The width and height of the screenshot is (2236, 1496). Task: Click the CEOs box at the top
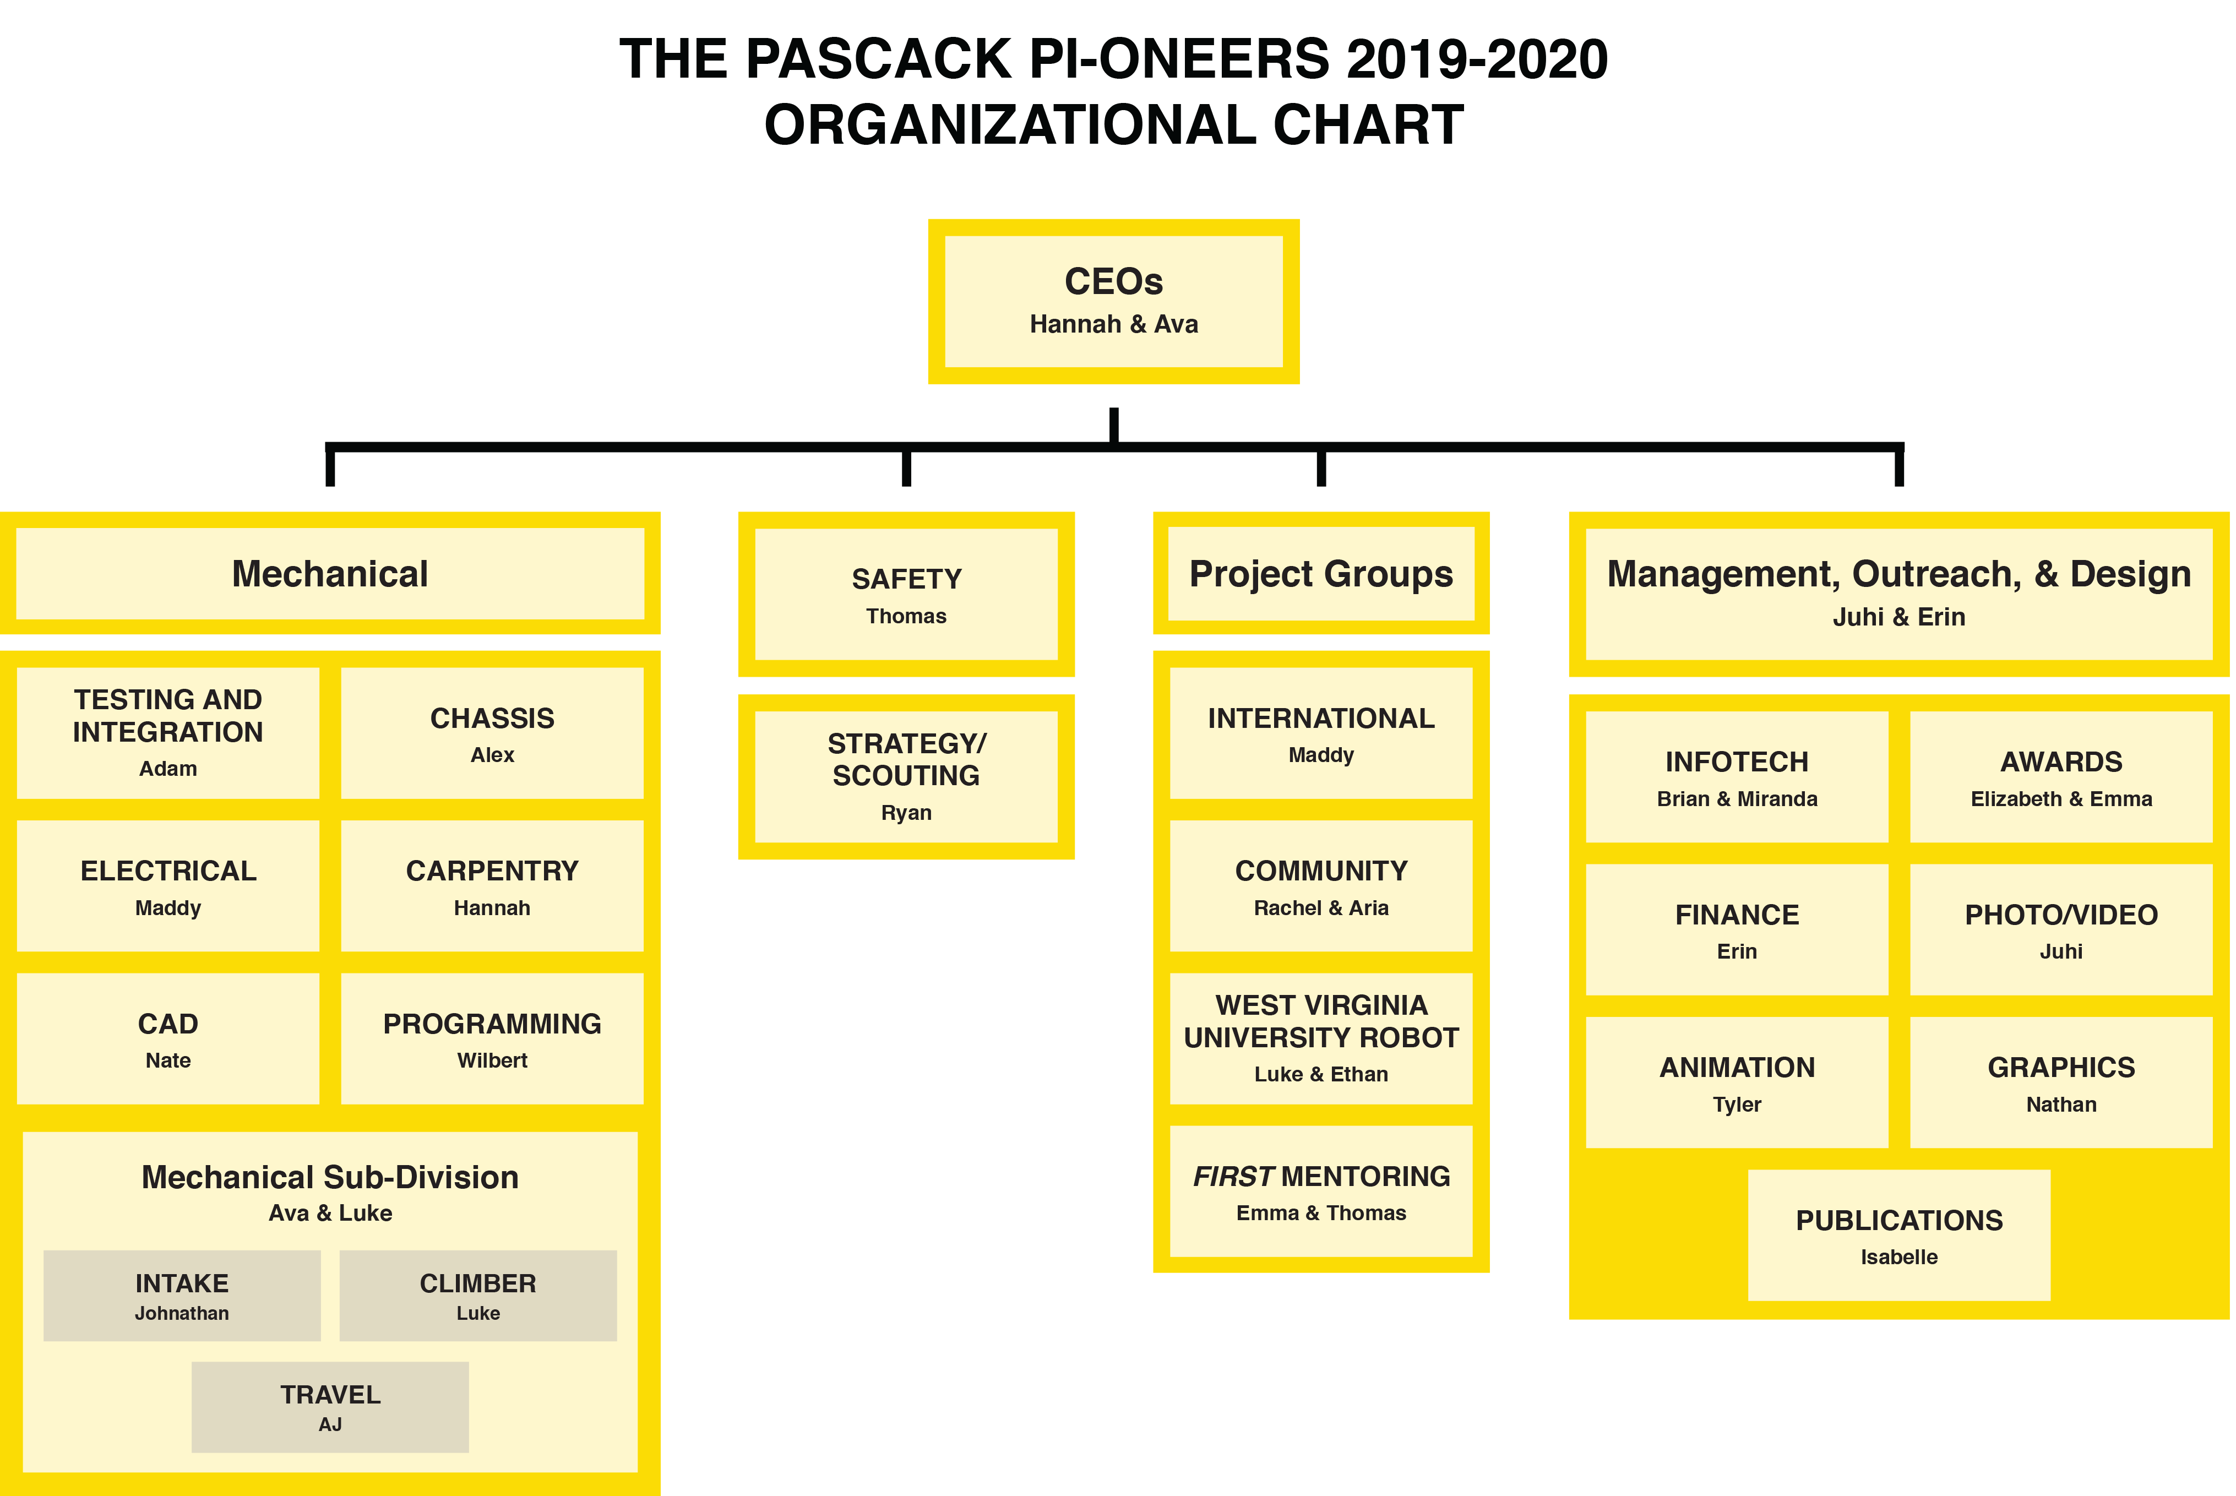1113,302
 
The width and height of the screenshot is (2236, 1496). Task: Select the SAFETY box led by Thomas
906,595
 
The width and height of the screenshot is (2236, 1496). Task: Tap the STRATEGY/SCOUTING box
906,776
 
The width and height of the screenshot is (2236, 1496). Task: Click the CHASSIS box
492,733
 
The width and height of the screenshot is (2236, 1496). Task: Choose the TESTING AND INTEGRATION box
168,733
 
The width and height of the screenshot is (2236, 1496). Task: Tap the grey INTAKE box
182,1296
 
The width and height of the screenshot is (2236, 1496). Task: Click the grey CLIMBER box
478,1296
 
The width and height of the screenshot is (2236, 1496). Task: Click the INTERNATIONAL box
1321,733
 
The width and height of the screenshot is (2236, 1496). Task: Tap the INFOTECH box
1737,776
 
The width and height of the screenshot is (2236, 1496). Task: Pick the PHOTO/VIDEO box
2061,929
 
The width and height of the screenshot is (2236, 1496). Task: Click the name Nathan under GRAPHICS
2061,1105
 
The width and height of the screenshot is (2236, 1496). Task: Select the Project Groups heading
1321,574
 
